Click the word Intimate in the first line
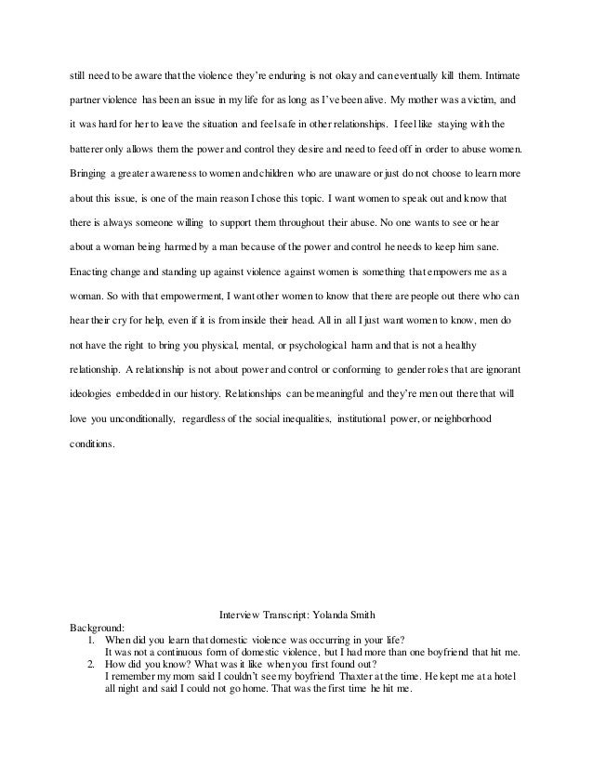click(503, 74)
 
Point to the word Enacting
click(93, 272)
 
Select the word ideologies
click(98, 396)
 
